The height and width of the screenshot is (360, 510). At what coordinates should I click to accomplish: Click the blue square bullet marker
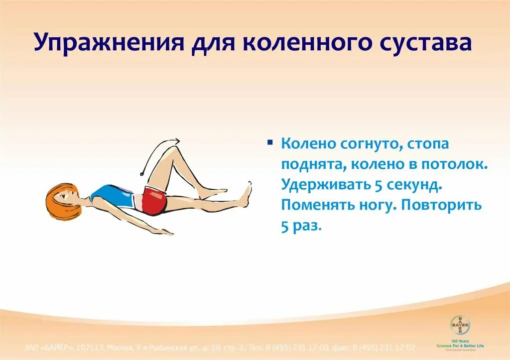(270, 142)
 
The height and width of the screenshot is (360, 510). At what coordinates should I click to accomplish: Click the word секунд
(414, 185)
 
